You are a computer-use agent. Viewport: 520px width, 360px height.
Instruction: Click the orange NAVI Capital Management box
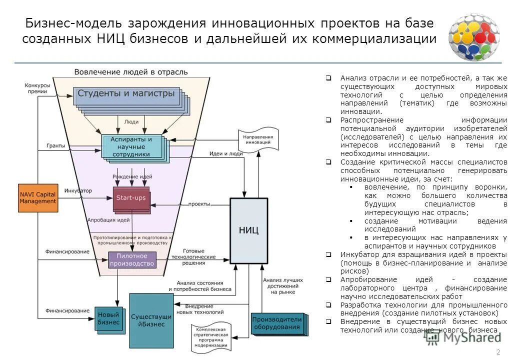click(38, 197)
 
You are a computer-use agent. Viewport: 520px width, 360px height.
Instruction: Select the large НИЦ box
click(248, 230)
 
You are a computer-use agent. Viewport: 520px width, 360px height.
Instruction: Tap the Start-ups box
click(131, 198)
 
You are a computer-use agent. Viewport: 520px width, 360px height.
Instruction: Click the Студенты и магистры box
click(126, 94)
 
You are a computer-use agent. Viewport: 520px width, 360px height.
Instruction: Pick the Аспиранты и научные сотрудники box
click(131, 146)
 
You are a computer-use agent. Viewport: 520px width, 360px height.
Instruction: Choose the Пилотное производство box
click(132, 259)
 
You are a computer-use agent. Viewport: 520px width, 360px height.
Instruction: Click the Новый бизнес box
click(108, 318)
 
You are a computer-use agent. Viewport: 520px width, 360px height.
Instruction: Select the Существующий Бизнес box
click(151, 320)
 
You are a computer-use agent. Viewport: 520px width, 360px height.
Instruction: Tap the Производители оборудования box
click(276, 323)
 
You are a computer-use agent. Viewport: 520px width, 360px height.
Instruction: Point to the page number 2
click(497, 351)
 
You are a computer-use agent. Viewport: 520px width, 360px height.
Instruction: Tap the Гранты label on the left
click(56, 145)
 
